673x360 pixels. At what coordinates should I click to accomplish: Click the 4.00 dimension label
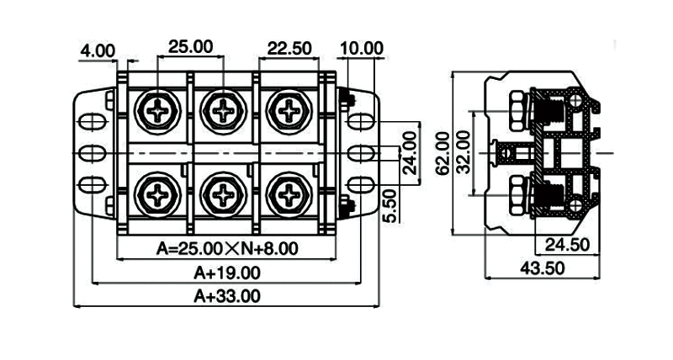97,50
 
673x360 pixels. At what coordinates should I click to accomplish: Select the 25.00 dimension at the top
190,46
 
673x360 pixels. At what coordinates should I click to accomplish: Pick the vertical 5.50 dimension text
388,207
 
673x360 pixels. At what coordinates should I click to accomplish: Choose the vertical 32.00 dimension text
463,152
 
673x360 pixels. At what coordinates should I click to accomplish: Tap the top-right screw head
290,109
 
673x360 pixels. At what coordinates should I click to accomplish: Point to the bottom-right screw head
290,196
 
